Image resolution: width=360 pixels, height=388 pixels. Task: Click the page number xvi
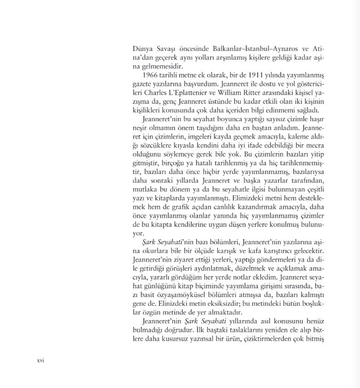click(x=40, y=360)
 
